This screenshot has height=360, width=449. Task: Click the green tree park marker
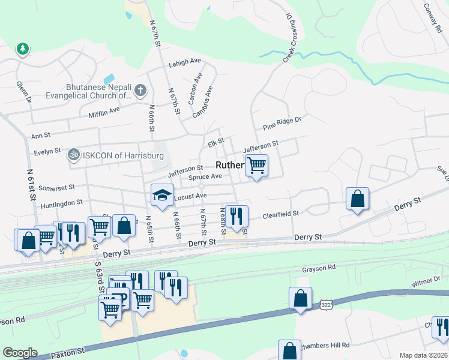click(x=23, y=48)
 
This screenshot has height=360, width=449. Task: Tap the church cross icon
click(x=140, y=91)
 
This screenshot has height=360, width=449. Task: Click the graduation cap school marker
click(x=161, y=195)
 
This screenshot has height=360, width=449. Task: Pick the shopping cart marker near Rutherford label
click(x=256, y=165)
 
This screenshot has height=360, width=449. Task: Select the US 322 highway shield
click(x=325, y=305)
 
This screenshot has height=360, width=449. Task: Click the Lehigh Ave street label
click(x=184, y=61)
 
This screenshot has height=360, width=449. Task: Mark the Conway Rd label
click(x=432, y=16)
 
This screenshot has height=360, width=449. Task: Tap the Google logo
click(x=20, y=353)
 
